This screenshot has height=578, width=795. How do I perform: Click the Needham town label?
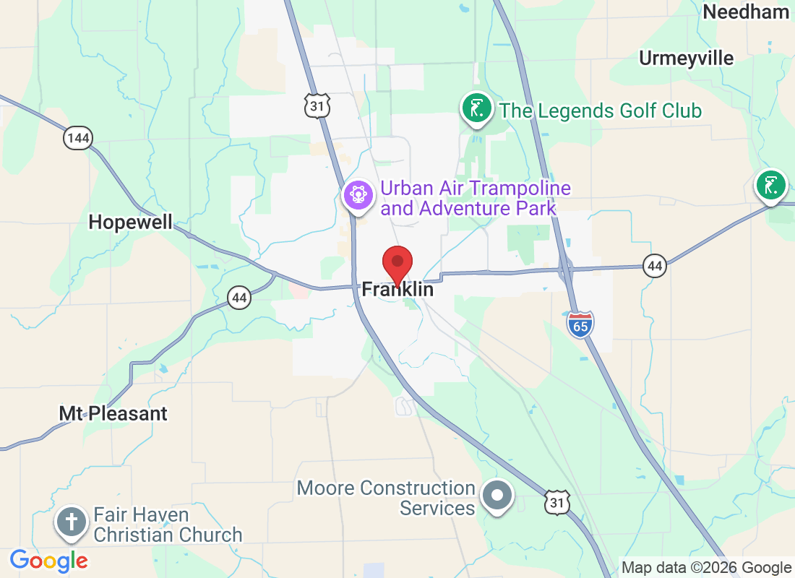tap(746, 12)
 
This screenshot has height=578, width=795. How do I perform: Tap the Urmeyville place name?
tap(686, 58)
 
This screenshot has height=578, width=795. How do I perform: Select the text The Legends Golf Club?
tap(601, 111)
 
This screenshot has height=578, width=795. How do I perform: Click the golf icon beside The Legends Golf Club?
tap(476, 109)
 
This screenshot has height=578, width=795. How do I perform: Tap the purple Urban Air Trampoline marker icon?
tap(357, 195)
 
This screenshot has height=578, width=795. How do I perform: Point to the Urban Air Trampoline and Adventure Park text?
tap(476, 199)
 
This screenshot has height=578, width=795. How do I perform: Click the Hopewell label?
tap(131, 222)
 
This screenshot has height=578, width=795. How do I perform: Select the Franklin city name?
tap(397, 290)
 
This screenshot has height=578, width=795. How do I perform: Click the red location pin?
tap(397, 264)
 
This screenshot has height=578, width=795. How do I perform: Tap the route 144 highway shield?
tap(77, 137)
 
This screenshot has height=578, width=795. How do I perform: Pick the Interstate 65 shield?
tap(580, 324)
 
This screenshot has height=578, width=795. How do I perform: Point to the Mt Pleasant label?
tap(113, 413)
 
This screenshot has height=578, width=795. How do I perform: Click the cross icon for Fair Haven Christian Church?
tap(72, 522)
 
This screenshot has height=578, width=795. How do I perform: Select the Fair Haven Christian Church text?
tap(168, 525)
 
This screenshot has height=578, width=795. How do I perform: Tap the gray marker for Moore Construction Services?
tap(497, 496)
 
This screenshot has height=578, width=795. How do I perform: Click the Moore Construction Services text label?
tap(386, 498)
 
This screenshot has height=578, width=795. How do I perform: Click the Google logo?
tap(49, 560)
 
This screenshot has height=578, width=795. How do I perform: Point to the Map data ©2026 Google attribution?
tap(706, 568)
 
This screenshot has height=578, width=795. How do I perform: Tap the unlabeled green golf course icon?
tap(771, 185)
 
